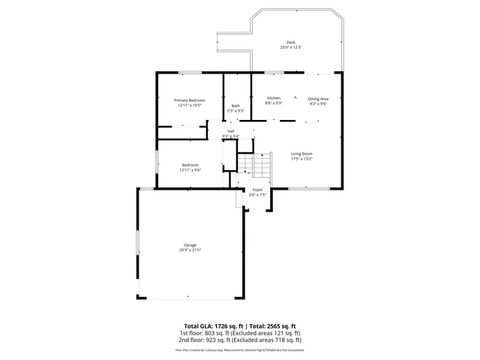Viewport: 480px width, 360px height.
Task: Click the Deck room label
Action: (290, 42)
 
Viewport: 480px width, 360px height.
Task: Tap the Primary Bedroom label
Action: (190, 100)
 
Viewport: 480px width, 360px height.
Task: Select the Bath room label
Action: (235, 106)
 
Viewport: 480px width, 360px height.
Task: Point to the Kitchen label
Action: (274, 98)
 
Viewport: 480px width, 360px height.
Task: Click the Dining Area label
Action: (318, 98)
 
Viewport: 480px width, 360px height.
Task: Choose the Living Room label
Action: (301, 154)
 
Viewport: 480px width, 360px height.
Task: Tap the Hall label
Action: (231, 131)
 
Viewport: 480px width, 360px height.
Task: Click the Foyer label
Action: (257, 190)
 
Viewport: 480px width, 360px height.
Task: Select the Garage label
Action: (190, 244)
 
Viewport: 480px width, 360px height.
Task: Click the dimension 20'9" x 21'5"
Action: (190, 250)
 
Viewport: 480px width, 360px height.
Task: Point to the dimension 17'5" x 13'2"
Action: (301, 159)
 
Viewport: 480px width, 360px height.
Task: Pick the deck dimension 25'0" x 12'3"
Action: (290, 47)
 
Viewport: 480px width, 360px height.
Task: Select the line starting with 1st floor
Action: (240, 333)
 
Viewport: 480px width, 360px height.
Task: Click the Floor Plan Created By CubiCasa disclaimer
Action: (240, 349)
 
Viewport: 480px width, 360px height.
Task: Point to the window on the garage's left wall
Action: (137, 244)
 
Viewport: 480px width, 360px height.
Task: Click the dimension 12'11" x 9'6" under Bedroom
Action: (190, 170)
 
